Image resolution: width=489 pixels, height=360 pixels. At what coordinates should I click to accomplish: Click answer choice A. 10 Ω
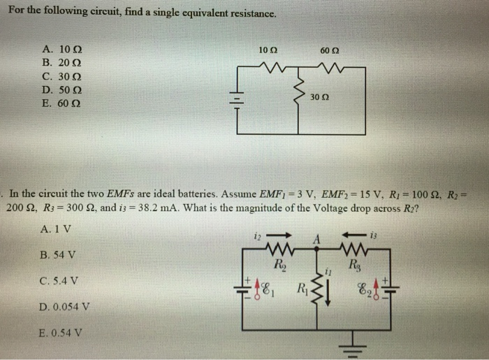[62, 50]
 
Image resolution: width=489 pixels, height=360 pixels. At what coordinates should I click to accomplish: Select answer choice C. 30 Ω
[62, 77]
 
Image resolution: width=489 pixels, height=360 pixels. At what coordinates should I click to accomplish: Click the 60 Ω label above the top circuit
[329, 50]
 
